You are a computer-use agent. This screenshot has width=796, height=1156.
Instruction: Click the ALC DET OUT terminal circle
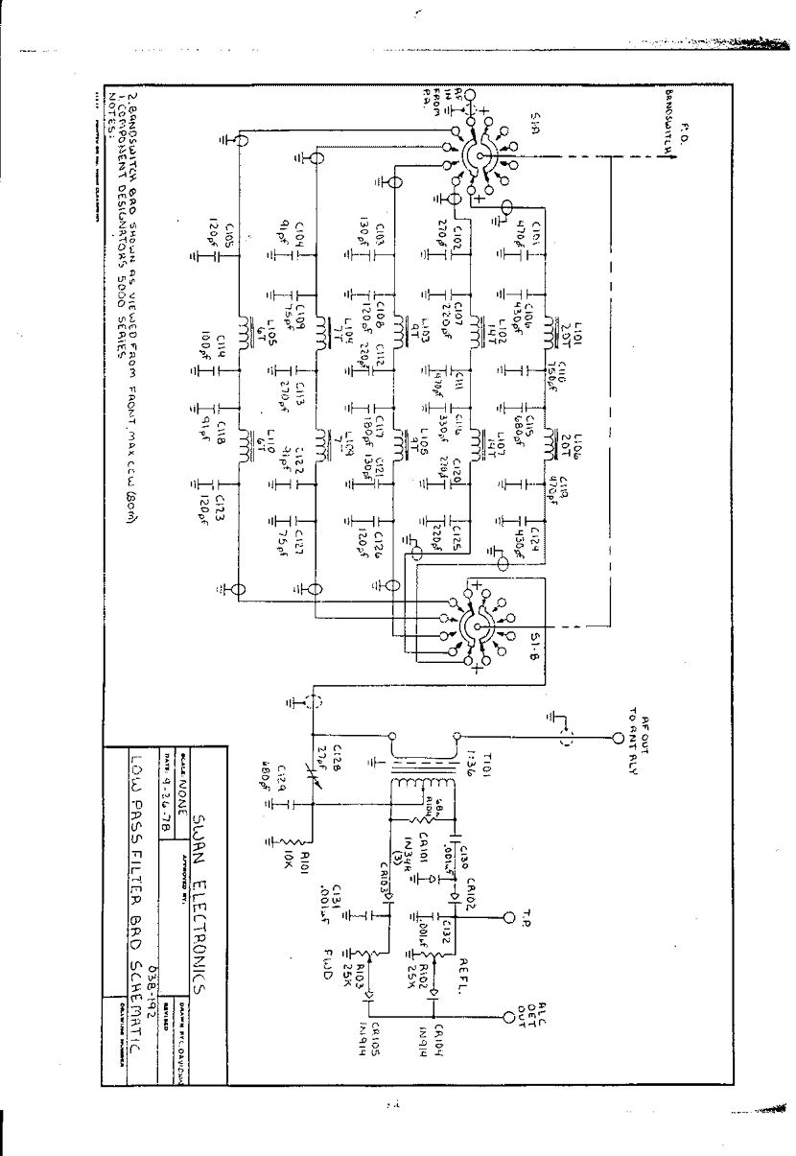click(509, 1017)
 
